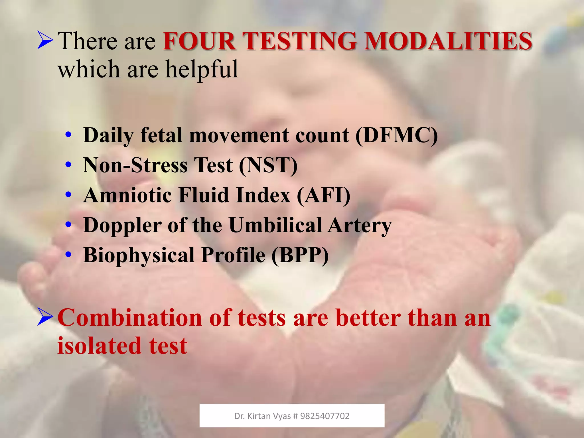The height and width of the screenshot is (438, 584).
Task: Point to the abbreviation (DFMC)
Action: point(396,135)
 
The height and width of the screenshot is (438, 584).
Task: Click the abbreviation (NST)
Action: point(268,165)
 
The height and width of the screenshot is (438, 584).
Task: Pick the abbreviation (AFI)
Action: point(323,195)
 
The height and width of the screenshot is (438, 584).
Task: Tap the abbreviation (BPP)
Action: point(300,255)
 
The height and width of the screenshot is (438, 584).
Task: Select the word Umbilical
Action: point(275,225)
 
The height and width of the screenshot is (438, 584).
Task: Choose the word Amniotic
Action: point(127,195)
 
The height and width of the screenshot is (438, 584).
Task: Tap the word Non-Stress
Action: point(135,165)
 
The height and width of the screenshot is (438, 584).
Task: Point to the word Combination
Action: point(130,318)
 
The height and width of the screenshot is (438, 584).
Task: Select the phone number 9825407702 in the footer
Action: point(325,416)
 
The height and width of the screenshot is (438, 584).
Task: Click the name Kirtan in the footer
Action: point(259,416)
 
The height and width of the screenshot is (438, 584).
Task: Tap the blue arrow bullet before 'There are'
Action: point(45,41)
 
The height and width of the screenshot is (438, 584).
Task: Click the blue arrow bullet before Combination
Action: point(45,317)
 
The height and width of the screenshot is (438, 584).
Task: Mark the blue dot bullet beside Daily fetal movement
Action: point(68,135)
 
